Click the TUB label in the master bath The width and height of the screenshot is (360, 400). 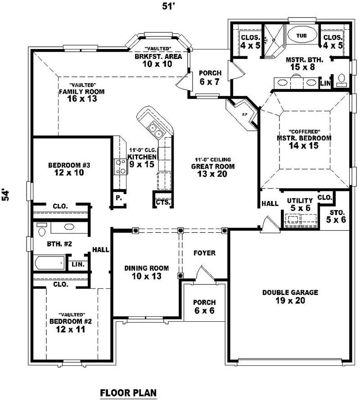[x=301, y=35]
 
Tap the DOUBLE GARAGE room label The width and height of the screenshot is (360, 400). [x=290, y=296]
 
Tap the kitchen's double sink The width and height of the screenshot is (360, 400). [x=156, y=131]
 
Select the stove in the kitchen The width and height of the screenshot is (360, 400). [x=121, y=166]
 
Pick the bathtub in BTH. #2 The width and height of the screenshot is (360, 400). [x=49, y=262]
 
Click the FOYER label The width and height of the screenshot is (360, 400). [x=204, y=253]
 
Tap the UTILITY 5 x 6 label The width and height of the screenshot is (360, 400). [x=300, y=204]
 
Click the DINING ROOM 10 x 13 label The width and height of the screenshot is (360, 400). [x=146, y=272]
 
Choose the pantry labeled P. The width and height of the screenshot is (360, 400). [x=118, y=198]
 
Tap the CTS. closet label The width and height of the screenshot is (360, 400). [x=162, y=202]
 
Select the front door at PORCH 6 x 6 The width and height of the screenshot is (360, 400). [x=200, y=274]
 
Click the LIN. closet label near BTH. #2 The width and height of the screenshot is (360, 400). [x=78, y=264]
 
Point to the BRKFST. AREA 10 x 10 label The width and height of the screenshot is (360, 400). [x=158, y=60]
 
